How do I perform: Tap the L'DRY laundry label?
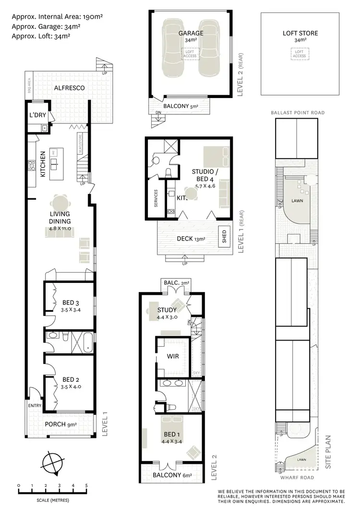pyautogui.click(x=37, y=116)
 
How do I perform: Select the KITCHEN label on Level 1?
pyautogui.click(x=43, y=164)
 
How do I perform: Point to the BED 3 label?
pyautogui.click(x=71, y=303)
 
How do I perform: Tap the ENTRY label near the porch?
pyautogui.click(x=35, y=406)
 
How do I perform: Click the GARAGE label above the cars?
pyautogui.click(x=191, y=34)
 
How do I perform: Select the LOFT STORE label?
pyautogui.click(x=300, y=34)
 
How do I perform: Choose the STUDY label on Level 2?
pyautogui.click(x=167, y=310)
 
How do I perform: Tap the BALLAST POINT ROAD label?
pyautogui.click(x=298, y=112)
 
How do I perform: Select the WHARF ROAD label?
pyautogui.click(x=298, y=477)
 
